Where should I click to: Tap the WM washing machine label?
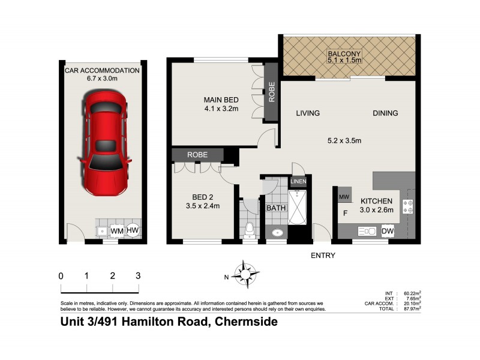118,230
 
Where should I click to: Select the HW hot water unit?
133,230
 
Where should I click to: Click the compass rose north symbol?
246,275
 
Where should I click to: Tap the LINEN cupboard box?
298,182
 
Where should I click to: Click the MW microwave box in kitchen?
344,196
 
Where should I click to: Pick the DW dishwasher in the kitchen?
387,231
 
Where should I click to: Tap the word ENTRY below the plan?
322,256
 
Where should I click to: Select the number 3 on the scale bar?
138,276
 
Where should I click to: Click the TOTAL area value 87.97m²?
410,308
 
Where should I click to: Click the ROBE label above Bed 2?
197,155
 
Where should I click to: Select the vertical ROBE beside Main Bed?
272,92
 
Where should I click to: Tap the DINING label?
385,113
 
